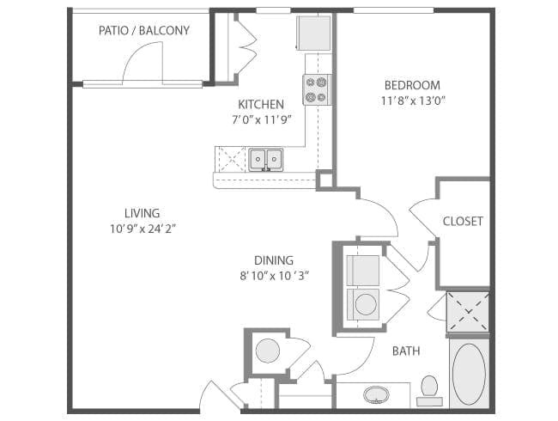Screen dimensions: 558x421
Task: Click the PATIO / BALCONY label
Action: tap(143, 31)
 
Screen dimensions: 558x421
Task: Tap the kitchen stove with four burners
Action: tap(317, 89)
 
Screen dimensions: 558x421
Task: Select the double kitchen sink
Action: tap(265, 159)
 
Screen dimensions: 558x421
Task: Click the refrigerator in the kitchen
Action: tap(314, 34)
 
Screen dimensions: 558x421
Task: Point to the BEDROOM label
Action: tap(412, 85)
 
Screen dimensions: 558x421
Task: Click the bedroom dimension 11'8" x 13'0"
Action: tap(413, 101)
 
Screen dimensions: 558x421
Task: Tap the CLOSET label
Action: tap(463, 221)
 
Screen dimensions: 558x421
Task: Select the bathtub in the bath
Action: tap(469, 373)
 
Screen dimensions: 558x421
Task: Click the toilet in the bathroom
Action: tap(429, 391)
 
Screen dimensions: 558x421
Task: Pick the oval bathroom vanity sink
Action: tap(376, 394)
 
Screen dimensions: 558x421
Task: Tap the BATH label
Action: tap(406, 351)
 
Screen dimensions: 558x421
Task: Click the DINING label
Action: tap(274, 260)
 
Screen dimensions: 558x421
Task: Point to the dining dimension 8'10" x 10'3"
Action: tap(274, 276)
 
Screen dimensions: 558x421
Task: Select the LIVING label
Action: tap(142, 213)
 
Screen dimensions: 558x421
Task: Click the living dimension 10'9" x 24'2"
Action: tap(143, 229)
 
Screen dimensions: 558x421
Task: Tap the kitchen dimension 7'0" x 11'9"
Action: tap(262, 119)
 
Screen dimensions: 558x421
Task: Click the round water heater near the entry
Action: tap(268, 351)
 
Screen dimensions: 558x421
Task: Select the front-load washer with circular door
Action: tap(363, 304)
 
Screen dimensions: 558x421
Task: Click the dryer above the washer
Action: tap(363, 271)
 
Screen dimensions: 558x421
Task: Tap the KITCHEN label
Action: tap(261, 105)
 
